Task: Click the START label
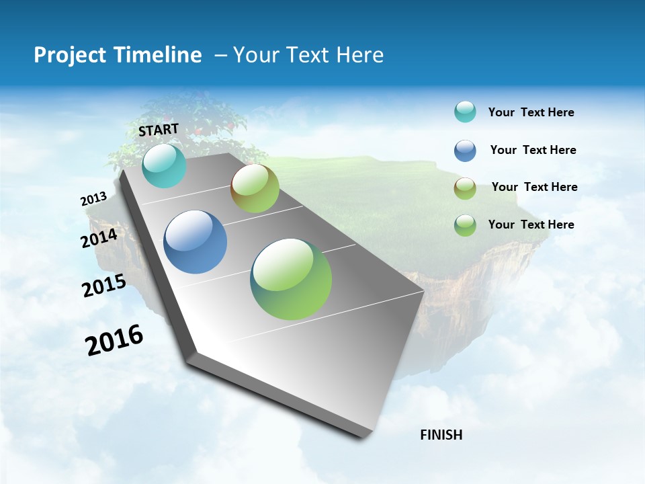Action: [x=159, y=130]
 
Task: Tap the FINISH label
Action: [x=441, y=435]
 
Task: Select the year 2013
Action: [x=94, y=199]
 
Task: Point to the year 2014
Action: [x=99, y=238]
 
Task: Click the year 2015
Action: [x=104, y=286]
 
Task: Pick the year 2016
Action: [x=114, y=340]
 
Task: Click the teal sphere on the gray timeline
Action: [x=164, y=165]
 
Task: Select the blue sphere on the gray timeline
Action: [x=196, y=242]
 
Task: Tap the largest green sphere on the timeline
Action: [x=291, y=279]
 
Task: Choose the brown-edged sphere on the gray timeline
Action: [x=255, y=188]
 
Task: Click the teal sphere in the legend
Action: [x=465, y=112]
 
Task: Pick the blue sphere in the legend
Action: [x=465, y=151]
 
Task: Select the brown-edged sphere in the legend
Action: [x=465, y=188]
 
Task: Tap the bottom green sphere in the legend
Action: [x=465, y=225]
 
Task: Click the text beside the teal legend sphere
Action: [x=531, y=113]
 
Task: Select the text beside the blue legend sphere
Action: [x=533, y=150]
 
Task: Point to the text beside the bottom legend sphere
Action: [x=531, y=225]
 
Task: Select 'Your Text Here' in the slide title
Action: [x=308, y=55]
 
